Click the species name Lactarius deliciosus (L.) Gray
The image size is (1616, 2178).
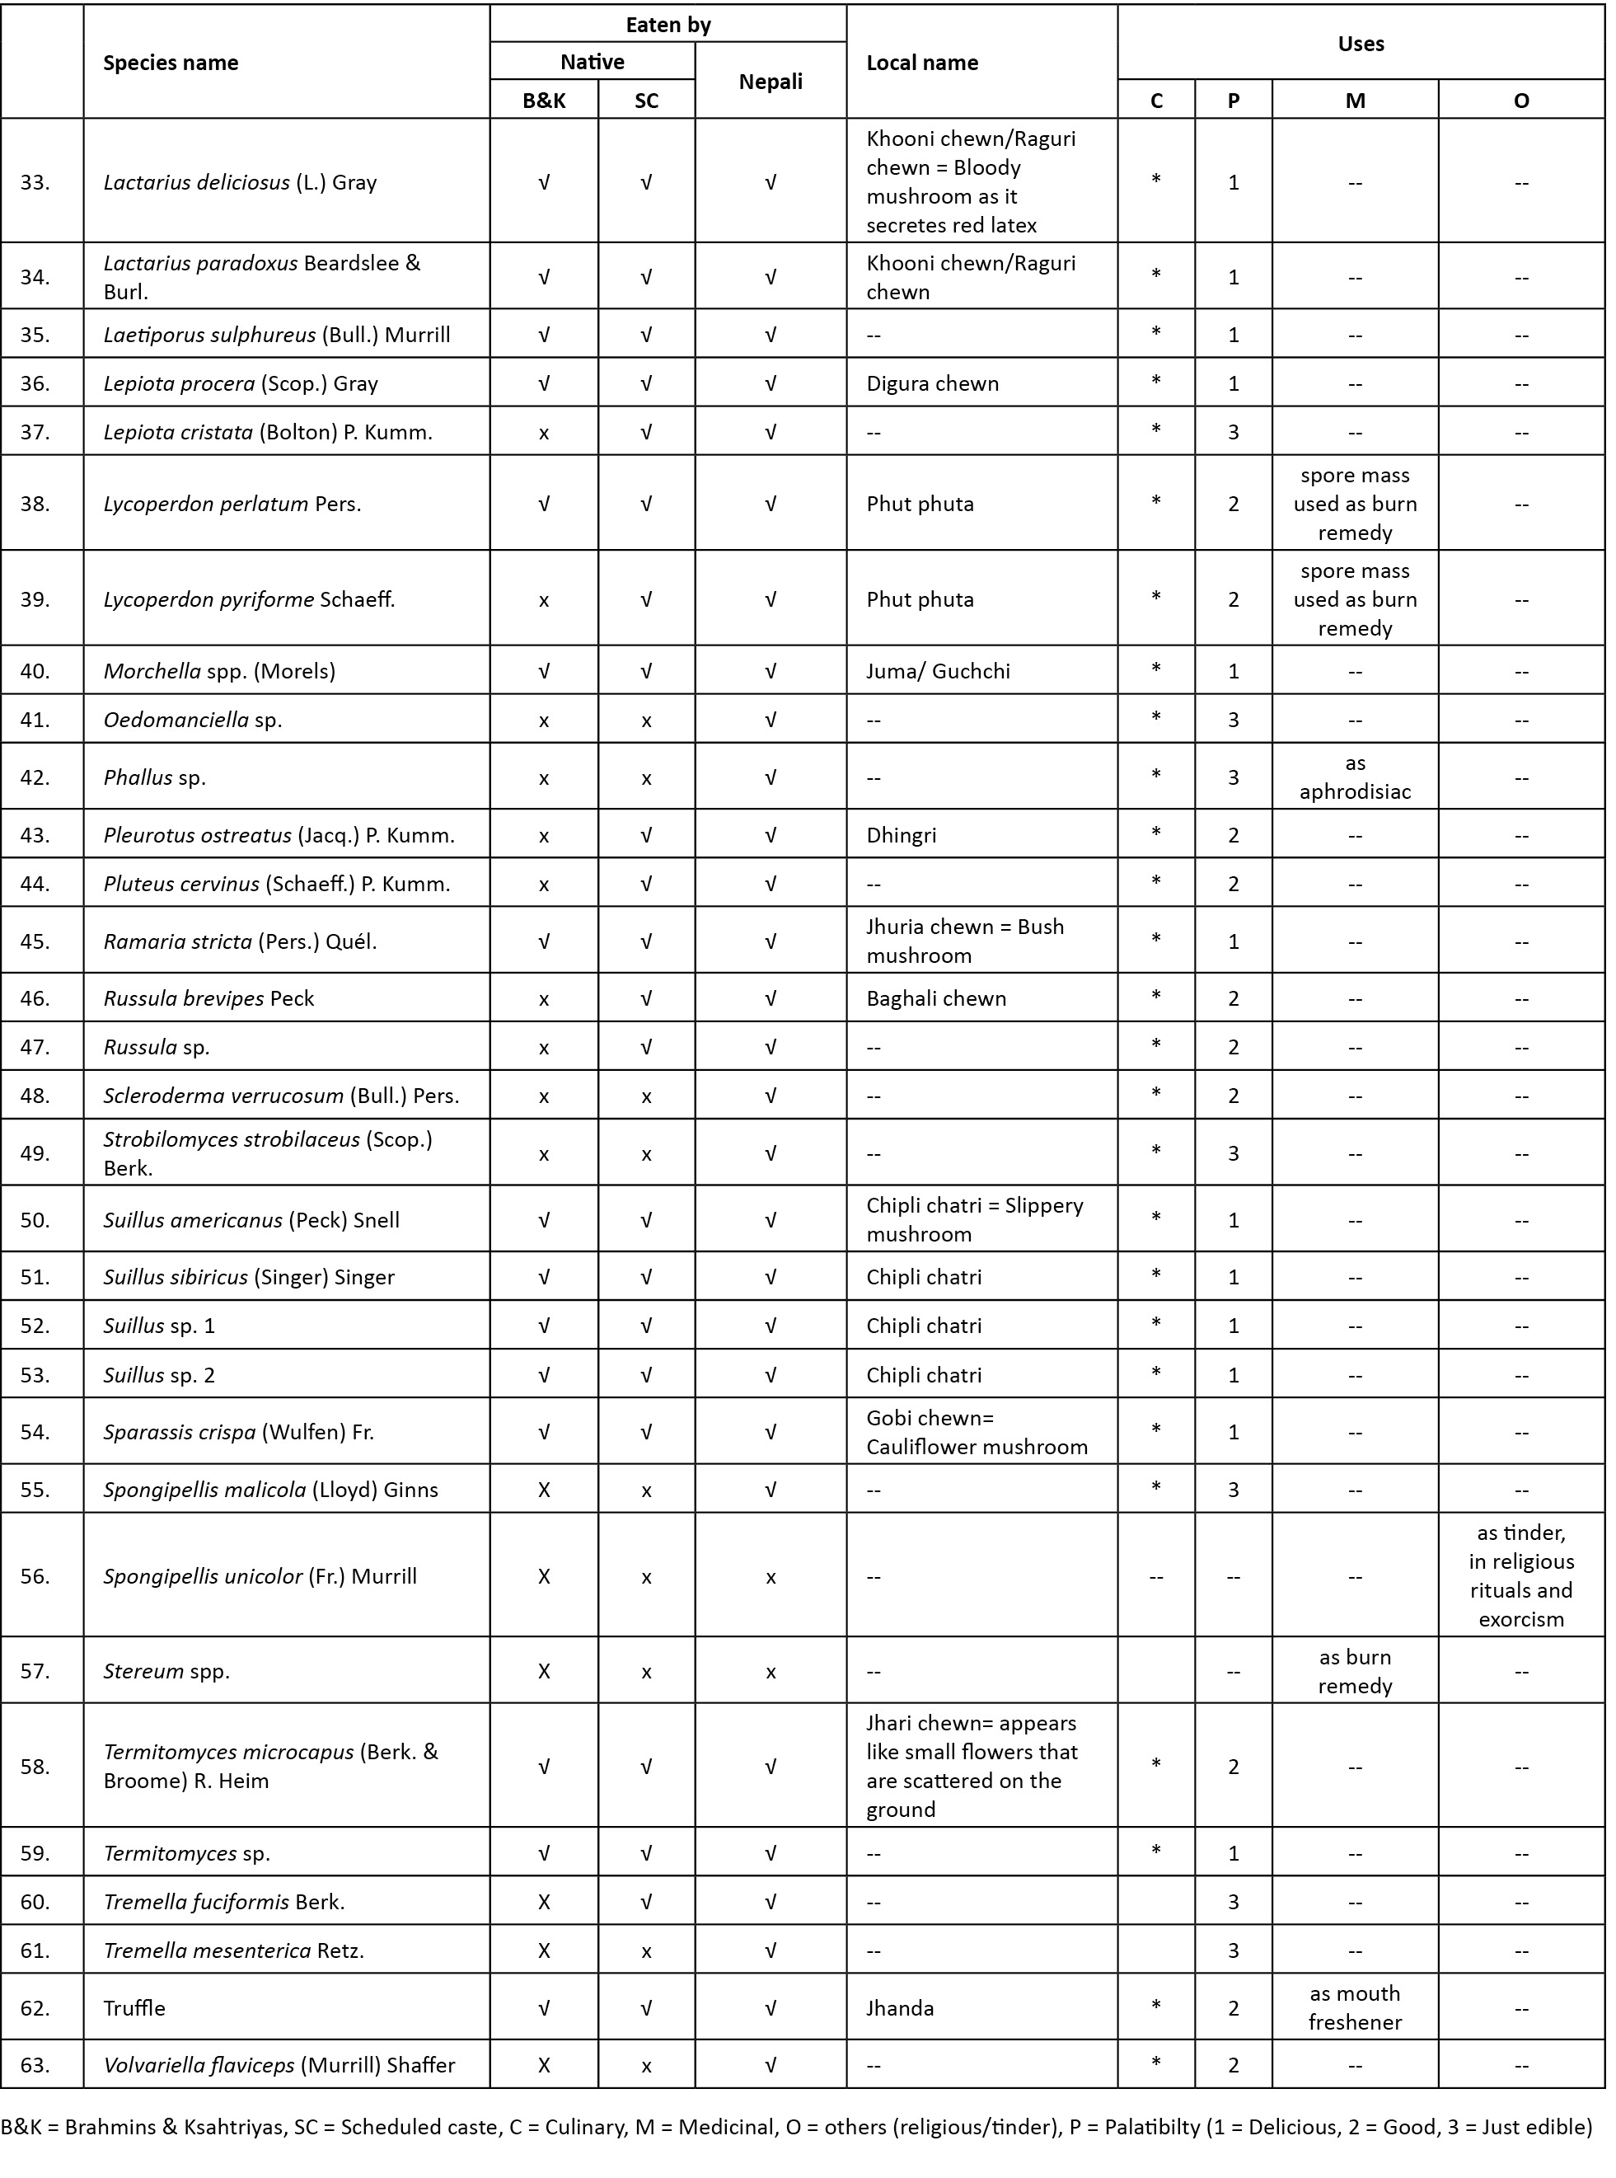tap(240, 182)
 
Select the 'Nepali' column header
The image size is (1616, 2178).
tap(770, 82)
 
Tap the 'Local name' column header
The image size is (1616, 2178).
tap(921, 63)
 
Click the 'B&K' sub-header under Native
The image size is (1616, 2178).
tap(544, 100)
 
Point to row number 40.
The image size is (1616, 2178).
tap(35, 671)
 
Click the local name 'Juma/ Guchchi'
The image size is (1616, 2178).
tap(937, 671)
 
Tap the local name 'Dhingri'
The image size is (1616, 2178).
tap(901, 834)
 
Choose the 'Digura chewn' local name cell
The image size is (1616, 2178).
tap(932, 383)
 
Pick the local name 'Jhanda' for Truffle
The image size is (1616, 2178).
tap(899, 2007)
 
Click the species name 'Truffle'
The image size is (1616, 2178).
tap(134, 2007)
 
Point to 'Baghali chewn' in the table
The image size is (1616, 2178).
tap(935, 998)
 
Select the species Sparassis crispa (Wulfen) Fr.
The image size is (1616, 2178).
tap(239, 1431)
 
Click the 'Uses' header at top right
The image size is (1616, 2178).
tap(1360, 44)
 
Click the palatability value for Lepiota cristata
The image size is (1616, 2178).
tap(1233, 431)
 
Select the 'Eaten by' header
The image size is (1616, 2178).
tap(667, 25)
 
